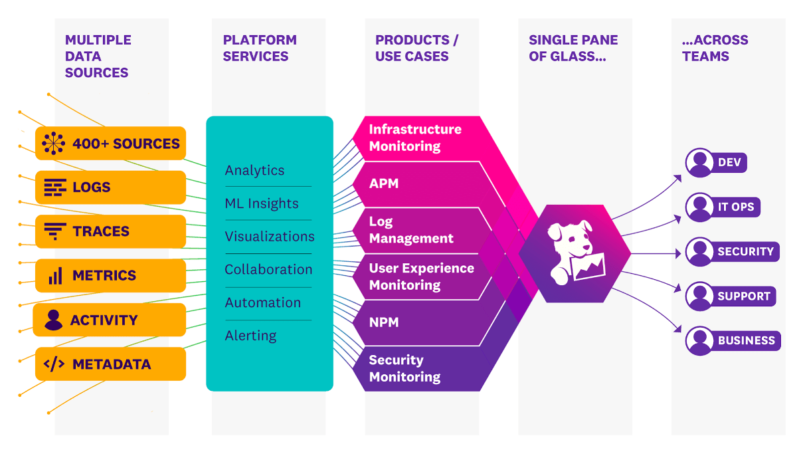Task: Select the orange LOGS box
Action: [110, 187]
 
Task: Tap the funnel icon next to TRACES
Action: [54, 231]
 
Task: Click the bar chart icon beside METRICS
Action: [55, 275]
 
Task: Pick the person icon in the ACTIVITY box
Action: [52, 320]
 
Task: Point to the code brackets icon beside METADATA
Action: [54, 364]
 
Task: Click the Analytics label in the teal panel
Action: [254, 170]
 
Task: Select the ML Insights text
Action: [262, 203]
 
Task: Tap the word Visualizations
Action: [270, 237]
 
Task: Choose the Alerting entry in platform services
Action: [250, 336]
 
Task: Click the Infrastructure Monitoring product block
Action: [415, 138]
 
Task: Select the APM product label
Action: [384, 183]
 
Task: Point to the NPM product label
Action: [384, 322]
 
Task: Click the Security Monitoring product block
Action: [405, 368]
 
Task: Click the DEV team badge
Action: [717, 163]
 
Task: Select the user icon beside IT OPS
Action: [699, 207]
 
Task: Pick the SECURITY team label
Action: [745, 252]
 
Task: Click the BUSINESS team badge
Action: [733, 340]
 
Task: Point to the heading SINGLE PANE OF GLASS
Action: [573, 48]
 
